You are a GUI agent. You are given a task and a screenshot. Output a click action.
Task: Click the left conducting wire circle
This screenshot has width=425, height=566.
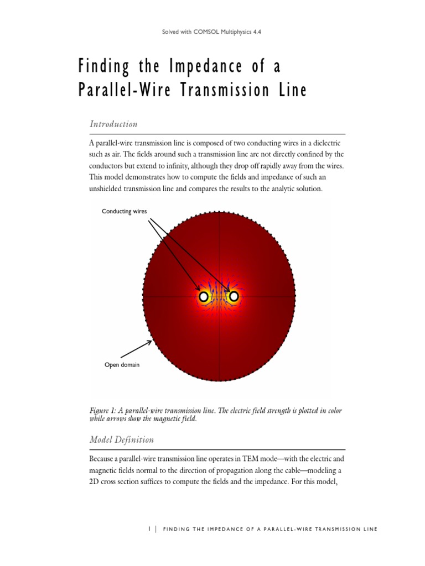pyautogui.click(x=204, y=297)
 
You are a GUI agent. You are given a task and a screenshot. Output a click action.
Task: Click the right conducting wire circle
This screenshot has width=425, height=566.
pyautogui.click(x=234, y=297)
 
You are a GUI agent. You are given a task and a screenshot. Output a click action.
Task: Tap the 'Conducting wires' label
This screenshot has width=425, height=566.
pyautogui.click(x=125, y=211)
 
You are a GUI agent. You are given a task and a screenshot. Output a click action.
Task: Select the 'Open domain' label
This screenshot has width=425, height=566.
pyautogui.click(x=122, y=364)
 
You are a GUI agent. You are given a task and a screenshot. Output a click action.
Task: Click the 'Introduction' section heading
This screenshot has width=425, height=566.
pyautogui.click(x=113, y=124)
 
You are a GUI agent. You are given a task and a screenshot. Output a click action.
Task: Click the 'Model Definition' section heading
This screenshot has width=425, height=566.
pyautogui.click(x=122, y=439)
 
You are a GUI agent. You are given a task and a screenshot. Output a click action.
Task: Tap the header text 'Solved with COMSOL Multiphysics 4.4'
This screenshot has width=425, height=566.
pyautogui.click(x=212, y=33)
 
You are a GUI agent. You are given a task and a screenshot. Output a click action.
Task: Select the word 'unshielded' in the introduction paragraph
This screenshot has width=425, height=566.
pyautogui.click(x=109, y=189)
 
